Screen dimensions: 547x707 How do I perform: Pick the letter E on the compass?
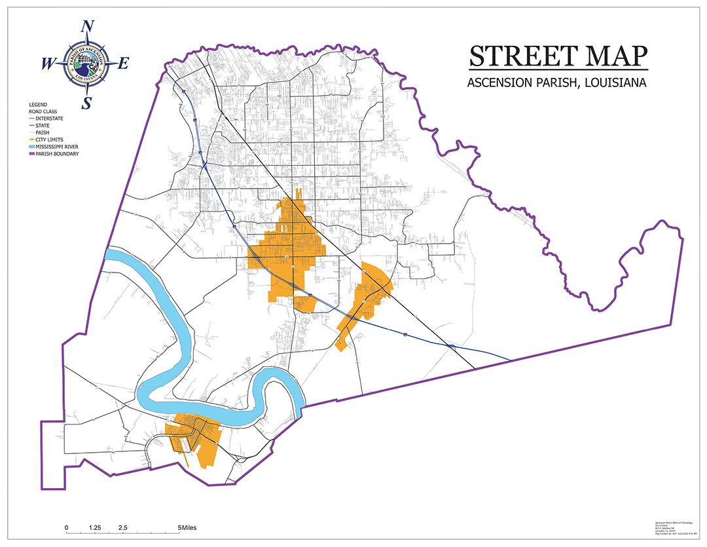coord(124,64)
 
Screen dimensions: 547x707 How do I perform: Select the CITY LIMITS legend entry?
coord(48,140)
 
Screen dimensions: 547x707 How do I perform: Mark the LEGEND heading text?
coord(38,105)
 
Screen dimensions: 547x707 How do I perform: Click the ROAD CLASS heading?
coord(43,111)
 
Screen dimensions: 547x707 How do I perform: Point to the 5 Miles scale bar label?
coord(187,527)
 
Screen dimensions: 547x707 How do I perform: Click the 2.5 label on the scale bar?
coord(122,527)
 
